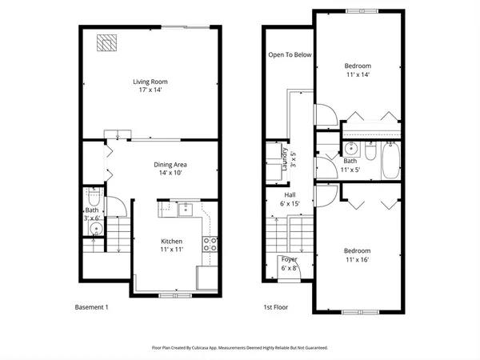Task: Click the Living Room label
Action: click(x=149, y=86)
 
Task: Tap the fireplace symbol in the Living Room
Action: click(x=106, y=43)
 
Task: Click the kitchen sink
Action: click(x=186, y=210)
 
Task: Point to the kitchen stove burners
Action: click(x=211, y=244)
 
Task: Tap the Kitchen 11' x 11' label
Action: click(x=171, y=246)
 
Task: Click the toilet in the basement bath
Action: click(x=93, y=195)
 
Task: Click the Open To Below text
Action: click(x=289, y=55)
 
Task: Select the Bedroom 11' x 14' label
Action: click(x=358, y=70)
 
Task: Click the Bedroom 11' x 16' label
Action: click(x=358, y=255)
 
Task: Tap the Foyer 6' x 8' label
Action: click(x=289, y=263)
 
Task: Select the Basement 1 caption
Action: click(x=91, y=307)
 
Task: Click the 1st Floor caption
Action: click(x=276, y=307)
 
